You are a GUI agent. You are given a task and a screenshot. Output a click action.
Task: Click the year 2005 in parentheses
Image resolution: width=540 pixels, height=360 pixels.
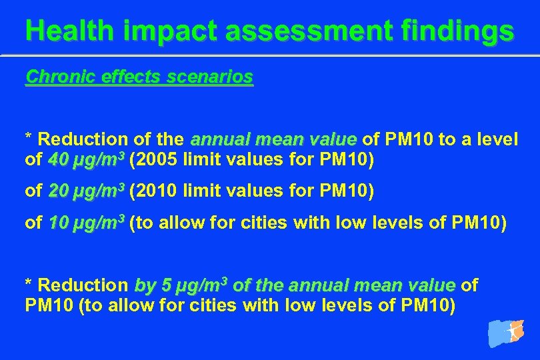[155, 161]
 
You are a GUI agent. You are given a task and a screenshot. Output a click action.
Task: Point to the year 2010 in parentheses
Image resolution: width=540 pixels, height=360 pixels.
[155, 192]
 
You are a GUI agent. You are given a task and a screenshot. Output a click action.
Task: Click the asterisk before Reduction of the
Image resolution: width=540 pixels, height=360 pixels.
[29, 138]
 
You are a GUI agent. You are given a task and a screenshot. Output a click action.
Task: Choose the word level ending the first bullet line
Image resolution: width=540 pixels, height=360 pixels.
[497, 139]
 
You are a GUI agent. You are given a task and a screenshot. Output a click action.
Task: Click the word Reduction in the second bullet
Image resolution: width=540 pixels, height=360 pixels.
[83, 285]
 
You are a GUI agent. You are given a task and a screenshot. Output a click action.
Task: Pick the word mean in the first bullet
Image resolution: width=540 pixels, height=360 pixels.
[276, 139]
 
